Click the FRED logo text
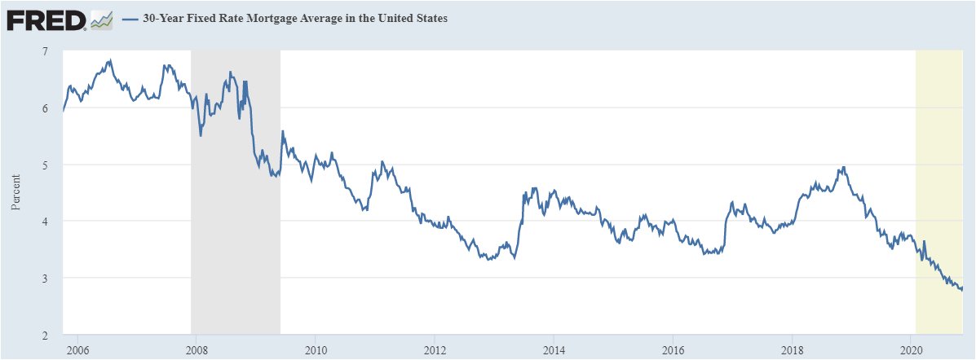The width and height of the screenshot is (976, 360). pyautogui.click(x=46, y=20)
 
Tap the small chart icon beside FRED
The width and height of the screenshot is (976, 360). pyautogui.click(x=101, y=20)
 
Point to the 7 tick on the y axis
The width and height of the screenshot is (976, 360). pyautogui.click(x=45, y=51)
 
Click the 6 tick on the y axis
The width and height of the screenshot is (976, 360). pyautogui.click(x=45, y=108)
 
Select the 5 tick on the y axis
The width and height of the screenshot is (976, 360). pyautogui.click(x=45, y=165)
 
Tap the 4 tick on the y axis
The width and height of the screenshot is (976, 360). pyautogui.click(x=45, y=222)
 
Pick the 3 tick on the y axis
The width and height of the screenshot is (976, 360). pyautogui.click(x=45, y=278)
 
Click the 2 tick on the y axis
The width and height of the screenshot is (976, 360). pyautogui.click(x=45, y=335)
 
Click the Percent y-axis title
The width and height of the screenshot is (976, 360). pyautogui.click(x=15, y=193)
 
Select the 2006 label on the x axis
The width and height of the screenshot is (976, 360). pyautogui.click(x=77, y=350)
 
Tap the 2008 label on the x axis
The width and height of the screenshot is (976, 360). pyautogui.click(x=196, y=350)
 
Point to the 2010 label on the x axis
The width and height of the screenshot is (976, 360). pyautogui.click(x=315, y=350)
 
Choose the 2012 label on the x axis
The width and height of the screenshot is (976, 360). pyautogui.click(x=434, y=350)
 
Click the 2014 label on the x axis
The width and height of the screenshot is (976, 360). pyautogui.click(x=553, y=350)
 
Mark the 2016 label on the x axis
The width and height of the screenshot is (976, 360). pyautogui.click(x=672, y=350)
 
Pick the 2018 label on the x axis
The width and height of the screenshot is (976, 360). pyautogui.click(x=791, y=350)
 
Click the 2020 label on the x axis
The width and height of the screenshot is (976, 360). pyautogui.click(x=911, y=350)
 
